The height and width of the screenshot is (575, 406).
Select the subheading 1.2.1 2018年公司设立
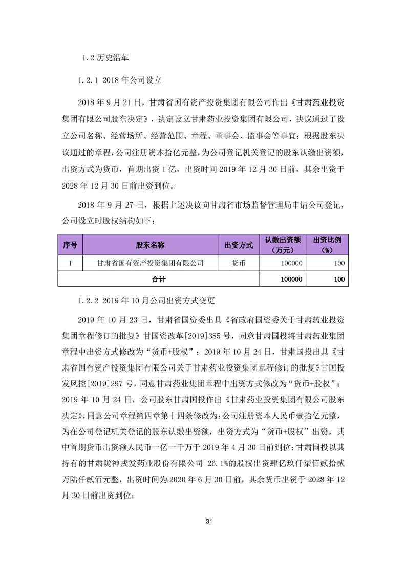point(120,80)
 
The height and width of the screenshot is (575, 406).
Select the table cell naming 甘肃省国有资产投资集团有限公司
point(150,263)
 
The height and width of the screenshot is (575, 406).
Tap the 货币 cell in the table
point(239,263)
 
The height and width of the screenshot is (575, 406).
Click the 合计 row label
point(159,279)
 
